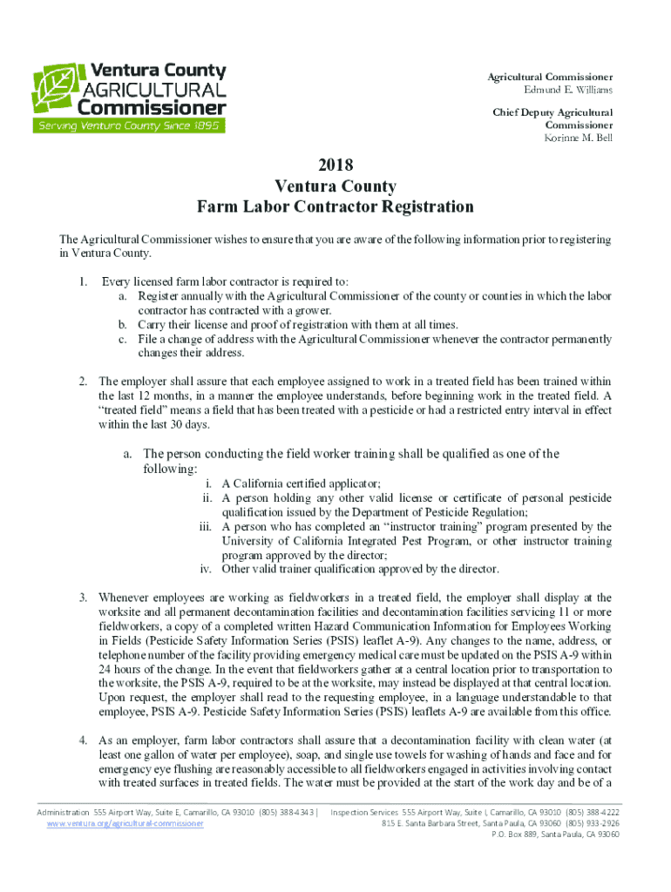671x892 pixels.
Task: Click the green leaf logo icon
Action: (54, 89)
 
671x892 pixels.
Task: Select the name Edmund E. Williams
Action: (567, 90)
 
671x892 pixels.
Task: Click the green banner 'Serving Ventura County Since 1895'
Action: (129, 125)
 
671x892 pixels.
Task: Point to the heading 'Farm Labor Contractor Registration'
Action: (335, 207)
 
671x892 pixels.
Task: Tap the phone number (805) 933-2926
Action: (593, 823)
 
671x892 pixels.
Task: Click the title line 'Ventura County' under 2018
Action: (335, 186)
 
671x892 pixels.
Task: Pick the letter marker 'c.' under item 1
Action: (125, 339)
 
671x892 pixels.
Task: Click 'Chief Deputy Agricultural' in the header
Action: (552, 112)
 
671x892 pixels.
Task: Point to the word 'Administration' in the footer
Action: (63, 812)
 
